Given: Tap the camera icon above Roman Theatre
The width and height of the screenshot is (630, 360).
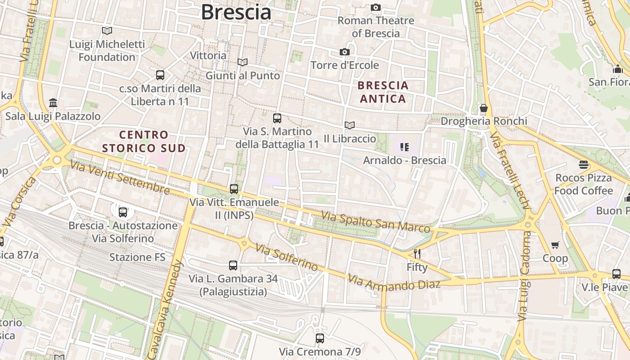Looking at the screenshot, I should coord(376,7).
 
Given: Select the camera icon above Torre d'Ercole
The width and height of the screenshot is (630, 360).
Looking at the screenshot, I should coord(345,52).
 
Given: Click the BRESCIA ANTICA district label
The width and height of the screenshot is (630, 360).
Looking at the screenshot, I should coord(383,92).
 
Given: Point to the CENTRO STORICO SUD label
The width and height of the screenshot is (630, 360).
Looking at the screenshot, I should coord(144,141).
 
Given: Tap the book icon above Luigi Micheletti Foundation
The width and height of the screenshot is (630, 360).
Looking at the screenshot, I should coord(107,31).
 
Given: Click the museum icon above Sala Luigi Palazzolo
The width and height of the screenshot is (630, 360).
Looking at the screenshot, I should coord(53,103).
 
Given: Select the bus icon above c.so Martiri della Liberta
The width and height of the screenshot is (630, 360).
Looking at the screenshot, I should coord(160,75).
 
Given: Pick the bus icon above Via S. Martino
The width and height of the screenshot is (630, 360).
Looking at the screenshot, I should coord(277,118).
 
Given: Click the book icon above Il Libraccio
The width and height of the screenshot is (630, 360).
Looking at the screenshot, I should coord(350,125).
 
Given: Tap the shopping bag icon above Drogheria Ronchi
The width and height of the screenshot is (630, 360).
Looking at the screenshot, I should coord(484,108).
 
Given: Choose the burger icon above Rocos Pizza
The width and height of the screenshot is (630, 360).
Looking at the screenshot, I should coord(584,165).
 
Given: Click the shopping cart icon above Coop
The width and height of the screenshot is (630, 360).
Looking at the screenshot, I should coord(555,245).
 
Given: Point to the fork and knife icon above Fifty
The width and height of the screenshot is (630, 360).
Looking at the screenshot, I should coord(417,253).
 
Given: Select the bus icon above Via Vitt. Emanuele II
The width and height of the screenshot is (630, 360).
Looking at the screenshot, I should coord(234,189).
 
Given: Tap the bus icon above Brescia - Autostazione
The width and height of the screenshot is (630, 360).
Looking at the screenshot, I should coord(123,212).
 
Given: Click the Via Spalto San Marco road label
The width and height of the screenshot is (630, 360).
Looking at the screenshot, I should coord(375,222).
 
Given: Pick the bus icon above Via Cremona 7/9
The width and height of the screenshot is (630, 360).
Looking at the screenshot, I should coord(320,338).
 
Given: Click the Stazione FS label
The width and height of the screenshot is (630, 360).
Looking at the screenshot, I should coord(137,257).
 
